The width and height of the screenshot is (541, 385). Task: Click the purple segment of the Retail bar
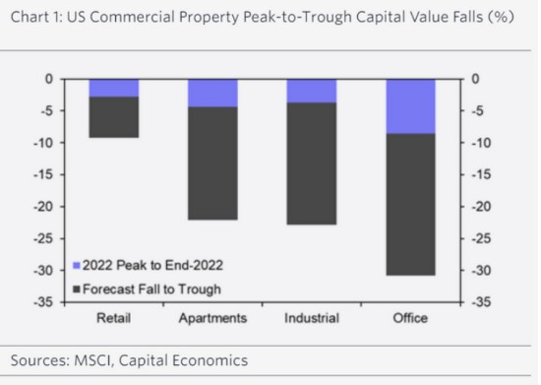(x=114, y=88)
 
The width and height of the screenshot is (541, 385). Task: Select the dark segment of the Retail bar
(x=114, y=117)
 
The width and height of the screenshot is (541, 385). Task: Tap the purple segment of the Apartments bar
(x=212, y=94)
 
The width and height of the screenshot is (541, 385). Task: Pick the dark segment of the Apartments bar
(x=212, y=163)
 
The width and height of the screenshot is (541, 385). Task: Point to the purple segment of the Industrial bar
(x=312, y=92)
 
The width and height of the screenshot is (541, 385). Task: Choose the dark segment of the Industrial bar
(x=312, y=163)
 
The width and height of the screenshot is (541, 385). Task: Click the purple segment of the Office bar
(x=410, y=106)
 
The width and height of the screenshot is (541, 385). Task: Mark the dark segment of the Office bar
(x=410, y=205)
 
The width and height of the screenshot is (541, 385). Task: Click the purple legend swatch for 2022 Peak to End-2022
(x=77, y=266)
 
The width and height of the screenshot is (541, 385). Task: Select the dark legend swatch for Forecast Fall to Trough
(x=77, y=289)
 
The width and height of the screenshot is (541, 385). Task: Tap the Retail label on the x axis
(x=113, y=318)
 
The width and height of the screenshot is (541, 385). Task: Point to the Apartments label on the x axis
(x=212, y=318)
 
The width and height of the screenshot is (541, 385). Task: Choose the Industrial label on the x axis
(x=312, y=318)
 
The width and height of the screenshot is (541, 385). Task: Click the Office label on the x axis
(x=410, y=318)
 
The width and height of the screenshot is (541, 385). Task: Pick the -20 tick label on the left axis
(x=43, y=207)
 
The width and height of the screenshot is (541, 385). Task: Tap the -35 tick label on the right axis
(x=481, y=302)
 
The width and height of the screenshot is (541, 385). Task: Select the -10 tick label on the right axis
(x=481, y=143)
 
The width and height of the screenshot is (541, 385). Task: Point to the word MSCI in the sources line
(x=93, y=360)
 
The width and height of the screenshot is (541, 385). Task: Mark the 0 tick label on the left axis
(x=49, y=79)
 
